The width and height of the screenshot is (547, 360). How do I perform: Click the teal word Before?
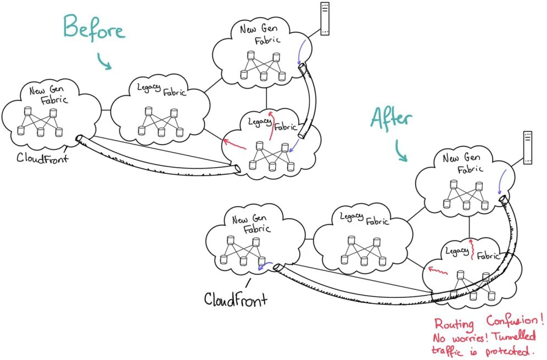93,28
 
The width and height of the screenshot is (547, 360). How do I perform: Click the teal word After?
391,119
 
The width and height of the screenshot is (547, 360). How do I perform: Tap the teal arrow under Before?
104,62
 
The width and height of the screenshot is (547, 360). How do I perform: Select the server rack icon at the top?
325,19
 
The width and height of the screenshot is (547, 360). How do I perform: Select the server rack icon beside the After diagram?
528,147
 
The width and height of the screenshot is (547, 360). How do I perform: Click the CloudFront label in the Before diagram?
42,158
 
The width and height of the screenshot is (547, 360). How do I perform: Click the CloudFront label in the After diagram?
236,299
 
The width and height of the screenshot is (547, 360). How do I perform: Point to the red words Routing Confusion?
489,323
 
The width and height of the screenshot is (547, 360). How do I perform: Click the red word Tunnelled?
515,336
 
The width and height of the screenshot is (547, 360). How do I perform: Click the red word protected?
510,350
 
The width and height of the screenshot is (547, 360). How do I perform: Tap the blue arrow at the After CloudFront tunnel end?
264,267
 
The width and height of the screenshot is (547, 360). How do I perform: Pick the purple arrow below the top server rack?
302,52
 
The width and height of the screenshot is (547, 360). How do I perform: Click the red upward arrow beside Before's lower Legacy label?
271,126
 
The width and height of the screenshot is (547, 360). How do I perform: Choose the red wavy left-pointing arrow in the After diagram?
438,270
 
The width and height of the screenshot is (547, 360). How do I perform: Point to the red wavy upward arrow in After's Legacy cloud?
472,250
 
